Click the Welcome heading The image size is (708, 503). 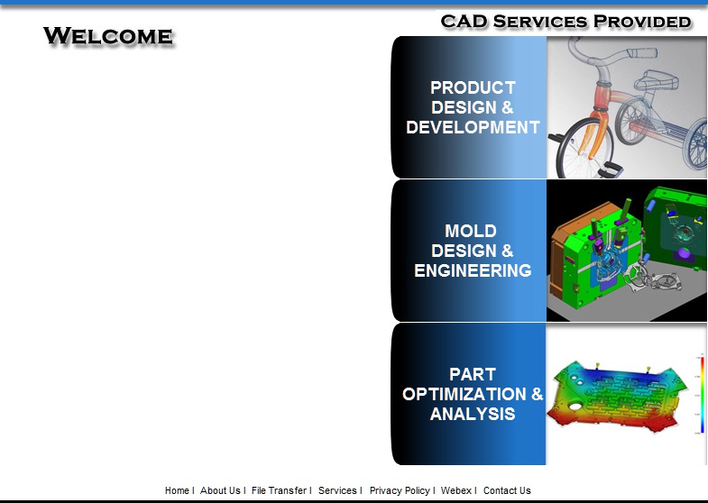pos(108,36)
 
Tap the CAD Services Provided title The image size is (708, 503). pos(565,22)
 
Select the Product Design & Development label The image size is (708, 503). pos(473,107)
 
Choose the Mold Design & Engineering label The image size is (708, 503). pos(473,251)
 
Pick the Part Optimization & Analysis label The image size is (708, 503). pos(473,394)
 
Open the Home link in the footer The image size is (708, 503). pos(177,490)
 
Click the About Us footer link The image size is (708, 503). pos(220,490)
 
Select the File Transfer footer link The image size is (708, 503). pos(279,490)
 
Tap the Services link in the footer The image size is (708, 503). pos(337,490)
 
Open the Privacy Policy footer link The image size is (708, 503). pos(400,490)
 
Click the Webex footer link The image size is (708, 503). pos(456,490)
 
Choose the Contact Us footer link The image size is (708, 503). pos(507,490)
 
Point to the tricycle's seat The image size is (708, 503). pos(656,81)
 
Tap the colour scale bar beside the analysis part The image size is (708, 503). pos(703,395)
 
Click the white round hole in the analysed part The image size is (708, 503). pos(575,407)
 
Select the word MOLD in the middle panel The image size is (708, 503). pos(471,231)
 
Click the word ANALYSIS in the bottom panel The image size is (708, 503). pos(473,414)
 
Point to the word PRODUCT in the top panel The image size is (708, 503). pos(473,87)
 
